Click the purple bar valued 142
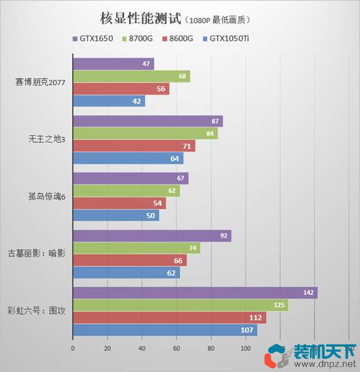195,293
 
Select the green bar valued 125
181,305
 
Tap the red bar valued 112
169,317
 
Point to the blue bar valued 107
165,330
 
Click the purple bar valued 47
113,64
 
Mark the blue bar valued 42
109,101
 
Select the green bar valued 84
145,134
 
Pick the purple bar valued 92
152,236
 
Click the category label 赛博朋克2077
43,82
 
